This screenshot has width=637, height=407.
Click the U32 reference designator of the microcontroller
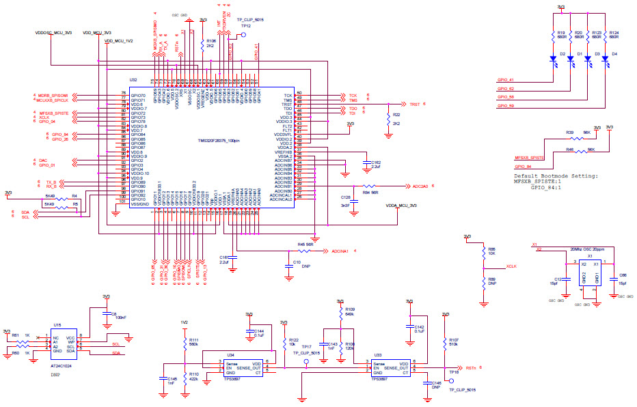(x=133, y=80)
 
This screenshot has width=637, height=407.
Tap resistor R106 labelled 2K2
(x=203, y=43)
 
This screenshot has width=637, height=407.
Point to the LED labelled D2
(x=553, y=59)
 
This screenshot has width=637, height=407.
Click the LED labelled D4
(x=606, y=59)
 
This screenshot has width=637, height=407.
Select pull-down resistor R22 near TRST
(x=388, y=120)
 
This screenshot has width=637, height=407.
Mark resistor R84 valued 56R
(x=369, y=186)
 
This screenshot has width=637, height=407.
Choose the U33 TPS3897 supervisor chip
(x=389, y=368)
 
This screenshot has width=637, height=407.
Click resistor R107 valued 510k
(x=445, y=342)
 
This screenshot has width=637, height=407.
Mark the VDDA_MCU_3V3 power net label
(x=401, y=206)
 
